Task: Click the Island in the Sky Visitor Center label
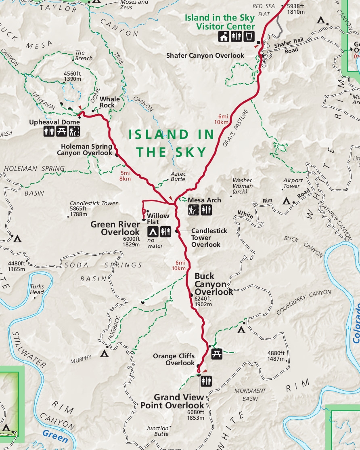(x=220, y=22)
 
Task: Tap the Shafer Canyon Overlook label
(x=205, y=55)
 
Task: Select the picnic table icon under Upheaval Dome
(x=62, y=131)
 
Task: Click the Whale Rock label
(x=110, y=102)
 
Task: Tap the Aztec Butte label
(x=178, y=176)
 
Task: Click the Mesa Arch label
(x=204, y=200)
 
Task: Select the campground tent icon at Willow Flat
(x=153, y=231)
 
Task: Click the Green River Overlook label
(x=115, y=228)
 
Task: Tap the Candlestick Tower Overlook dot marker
(x=177, y=231)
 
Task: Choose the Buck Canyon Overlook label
(x=213, y=284)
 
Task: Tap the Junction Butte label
(x=157, y=431)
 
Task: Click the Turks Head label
(x=37, y=290)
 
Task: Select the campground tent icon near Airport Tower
(x=287, y=200)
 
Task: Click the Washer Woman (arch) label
(x=243, y=186)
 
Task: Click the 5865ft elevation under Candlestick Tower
(x=82, y=209)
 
